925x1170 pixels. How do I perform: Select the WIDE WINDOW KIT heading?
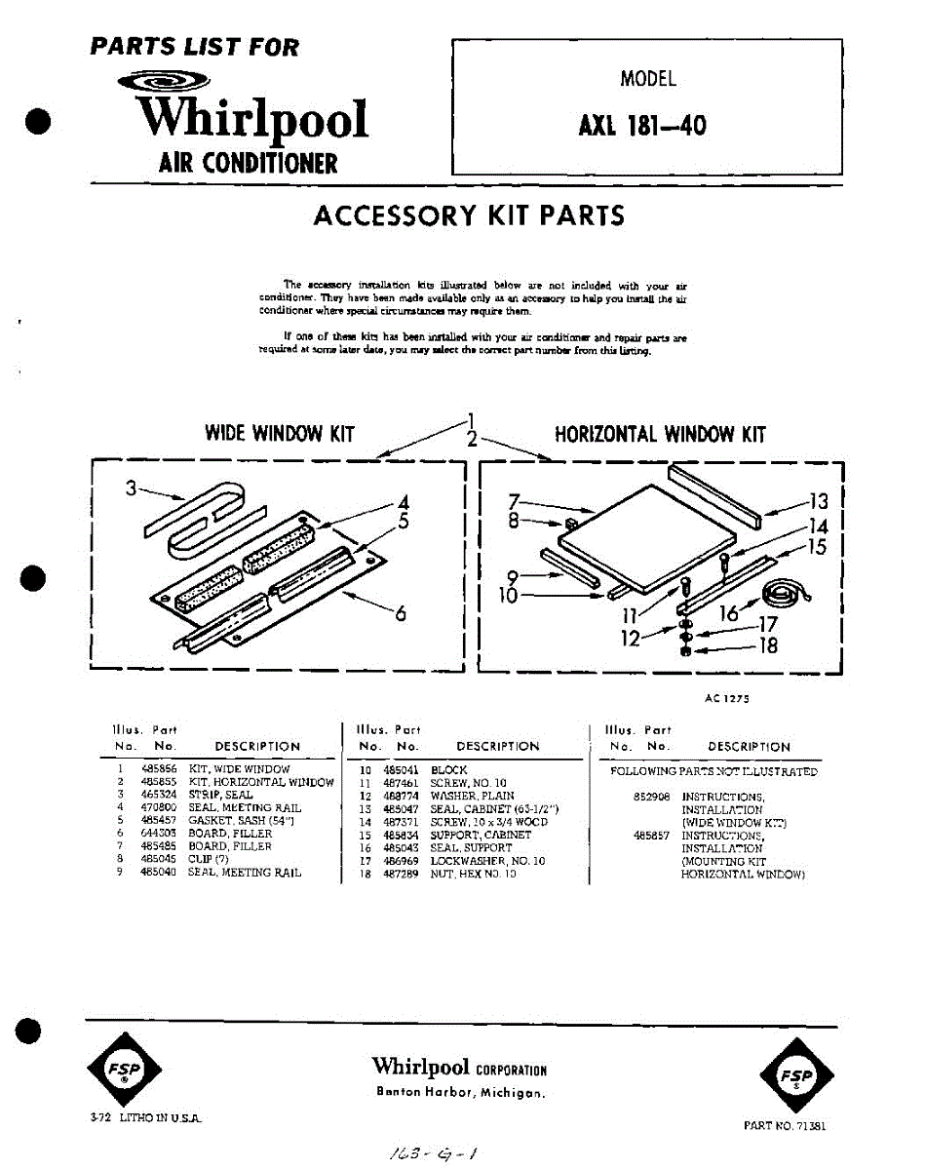point(279,434)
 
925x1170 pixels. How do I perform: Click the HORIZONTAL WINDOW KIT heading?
point(660,435)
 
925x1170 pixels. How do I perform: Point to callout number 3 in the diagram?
point(131,488)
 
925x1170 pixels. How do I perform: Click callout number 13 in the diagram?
point(818,501)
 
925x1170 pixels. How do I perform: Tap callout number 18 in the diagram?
point(769,644)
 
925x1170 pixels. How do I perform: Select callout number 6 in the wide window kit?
point(399,613)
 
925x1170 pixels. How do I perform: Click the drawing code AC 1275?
point(726,698)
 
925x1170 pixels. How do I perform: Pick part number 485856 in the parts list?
point(159,769)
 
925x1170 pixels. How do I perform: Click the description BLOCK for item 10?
point(449,770)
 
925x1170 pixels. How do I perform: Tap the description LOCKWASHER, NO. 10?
point(487,861)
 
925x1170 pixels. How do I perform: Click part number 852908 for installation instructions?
point(651,797)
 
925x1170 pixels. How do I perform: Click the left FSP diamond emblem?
point(125,1069)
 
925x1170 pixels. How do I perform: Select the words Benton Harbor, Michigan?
point(460,1093)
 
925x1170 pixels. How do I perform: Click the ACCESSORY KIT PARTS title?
point(469,215)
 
